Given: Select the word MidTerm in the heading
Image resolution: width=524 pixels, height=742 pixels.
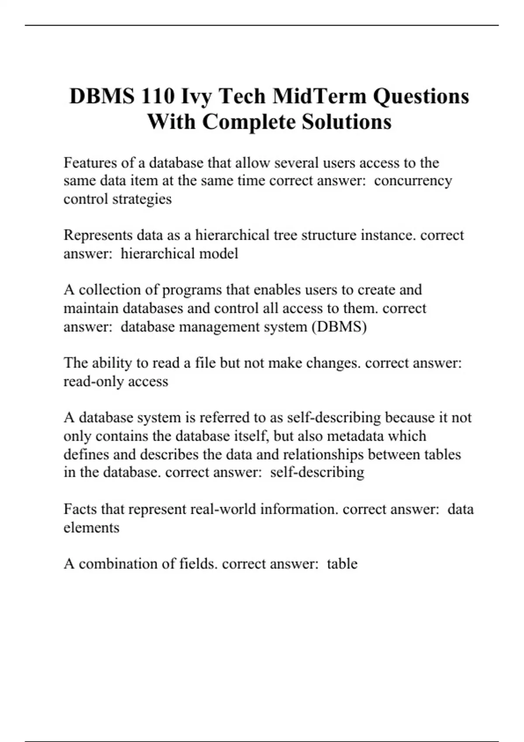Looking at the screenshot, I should (320, 96).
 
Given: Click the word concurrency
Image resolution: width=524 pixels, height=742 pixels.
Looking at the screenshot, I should (413, 181).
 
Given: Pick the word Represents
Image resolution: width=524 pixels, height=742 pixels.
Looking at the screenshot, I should (98, 235).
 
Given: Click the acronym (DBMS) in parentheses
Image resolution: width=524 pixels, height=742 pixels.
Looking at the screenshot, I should (339, 327).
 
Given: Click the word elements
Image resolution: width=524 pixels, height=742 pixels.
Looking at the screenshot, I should (91, 528).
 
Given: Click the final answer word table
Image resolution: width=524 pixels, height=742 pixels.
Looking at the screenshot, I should (342, 564).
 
